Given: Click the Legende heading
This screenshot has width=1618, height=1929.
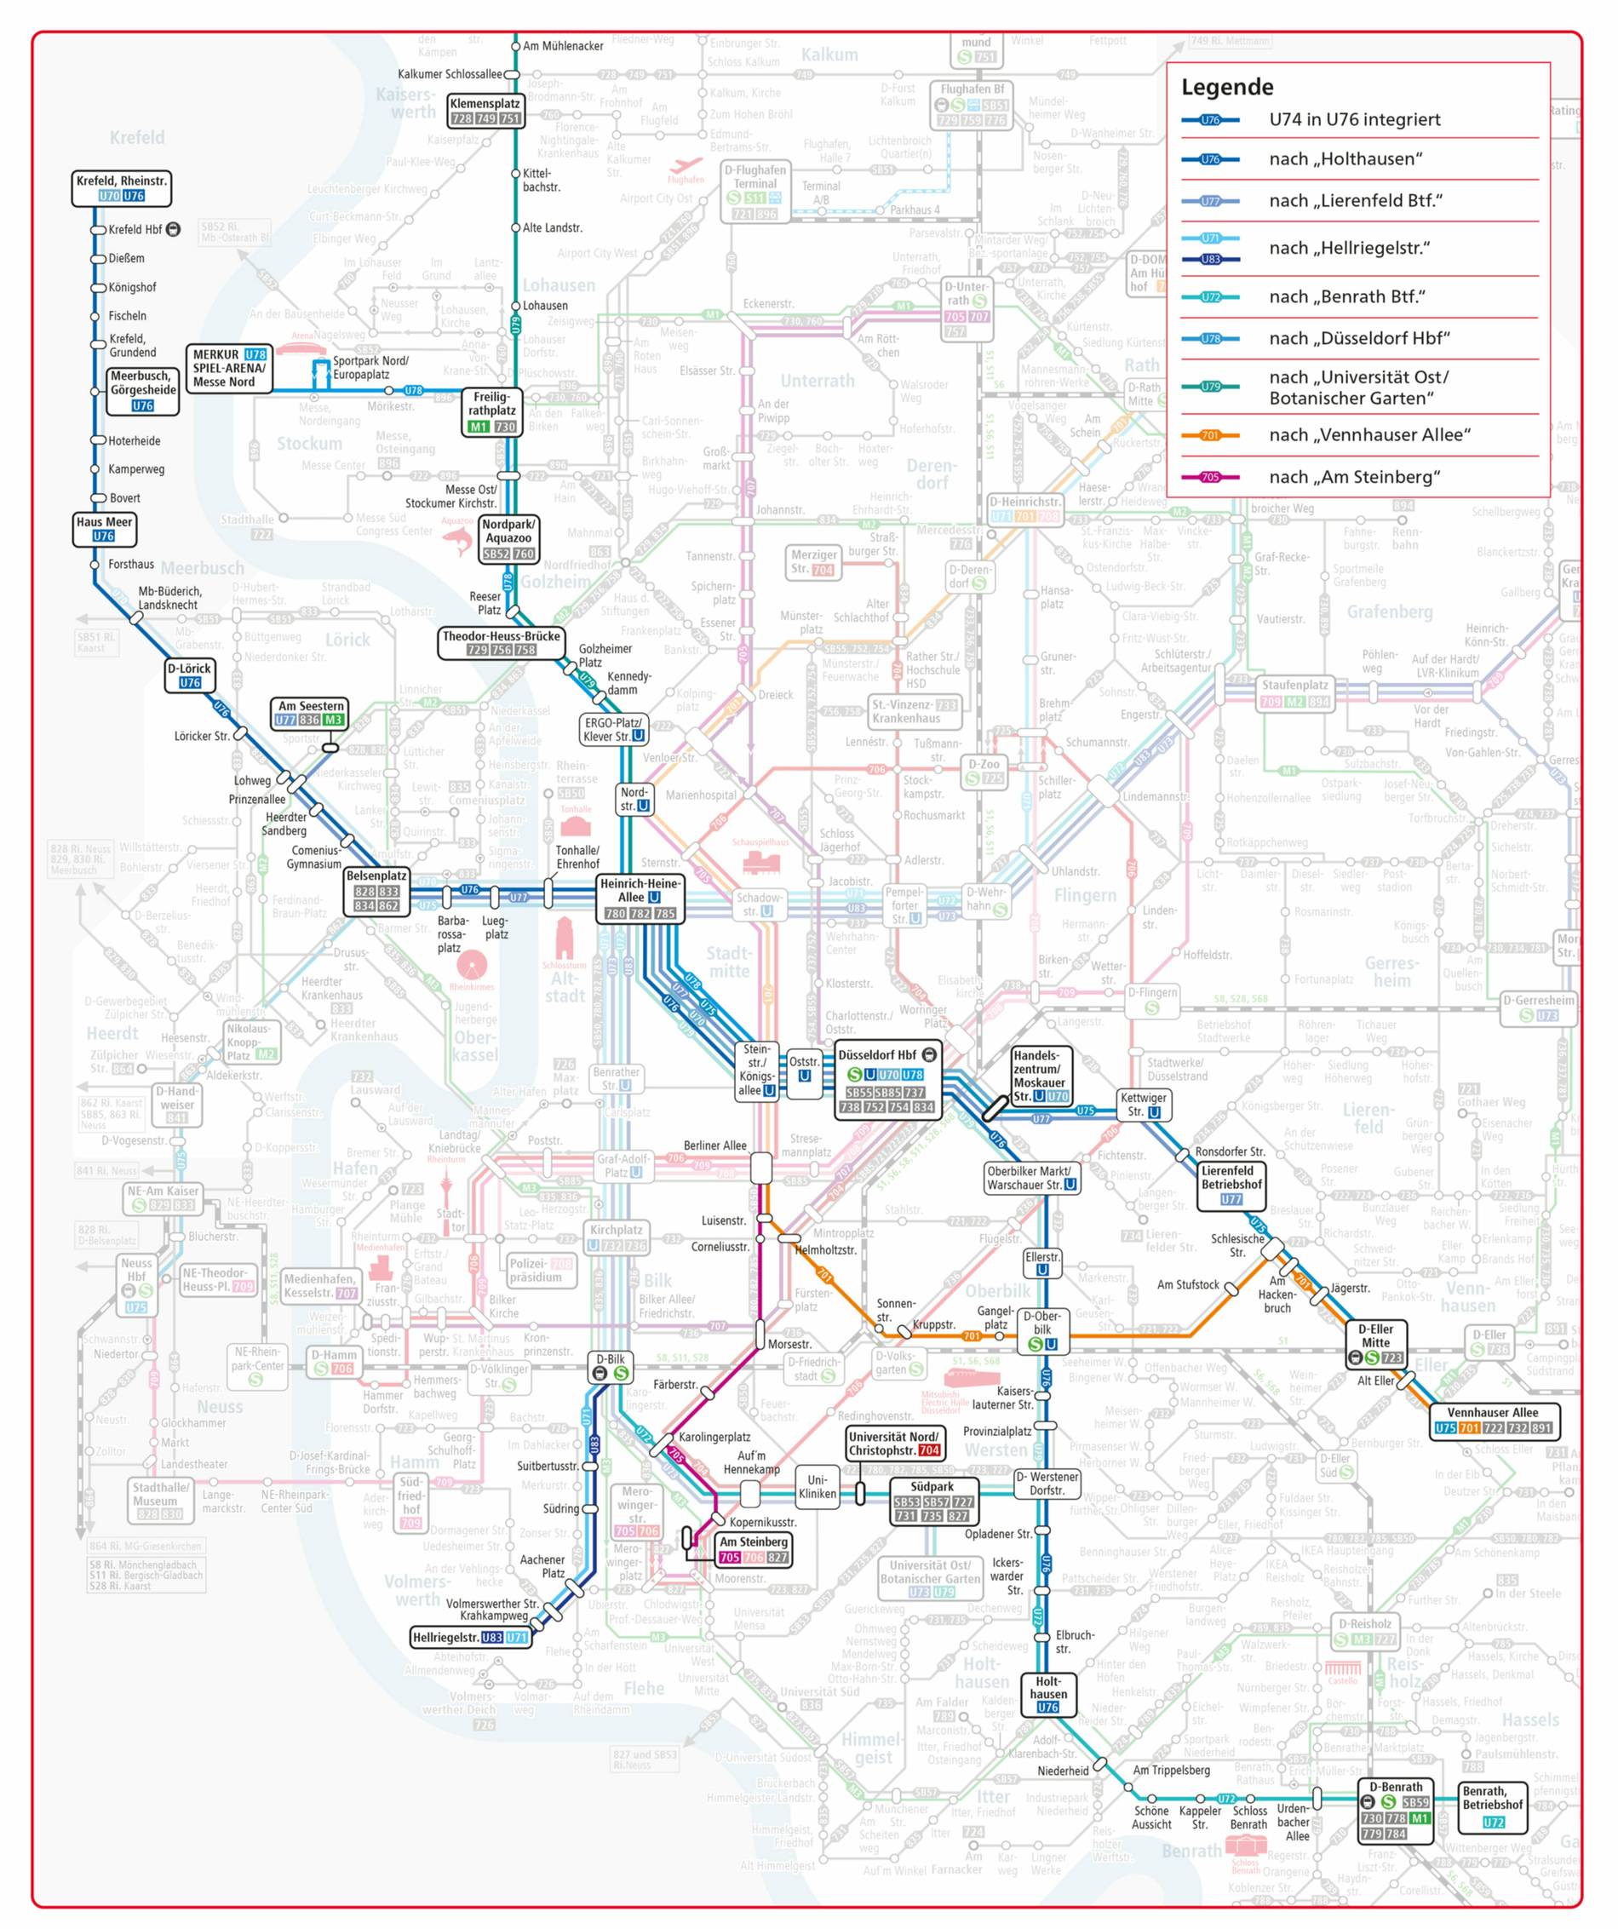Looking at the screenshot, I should tap(1227, 87).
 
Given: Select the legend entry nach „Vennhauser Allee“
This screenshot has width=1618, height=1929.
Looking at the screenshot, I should tap(1368, 434).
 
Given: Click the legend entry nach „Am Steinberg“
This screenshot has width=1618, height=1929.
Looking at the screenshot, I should tap(1353, 477).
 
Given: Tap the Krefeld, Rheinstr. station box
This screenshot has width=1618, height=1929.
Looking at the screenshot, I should tap(122, 188).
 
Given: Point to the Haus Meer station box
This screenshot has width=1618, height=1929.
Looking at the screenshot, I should tap(104, 529).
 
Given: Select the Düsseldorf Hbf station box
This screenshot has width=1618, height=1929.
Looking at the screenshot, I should tap(887, 1082).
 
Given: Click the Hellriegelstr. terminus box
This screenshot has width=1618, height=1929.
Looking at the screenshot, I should tap(471, 1638).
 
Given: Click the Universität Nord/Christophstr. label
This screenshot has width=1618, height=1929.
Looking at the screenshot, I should tap(893, 1443).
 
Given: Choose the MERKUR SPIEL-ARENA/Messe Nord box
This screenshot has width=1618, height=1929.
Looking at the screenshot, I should tap(230, 369).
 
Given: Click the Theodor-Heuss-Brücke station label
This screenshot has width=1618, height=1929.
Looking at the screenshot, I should tap(501, 643).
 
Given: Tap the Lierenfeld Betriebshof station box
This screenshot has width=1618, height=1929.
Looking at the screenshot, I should tap(1231, 1185).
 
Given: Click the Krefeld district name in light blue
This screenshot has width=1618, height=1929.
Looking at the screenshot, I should tap(137, 138).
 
